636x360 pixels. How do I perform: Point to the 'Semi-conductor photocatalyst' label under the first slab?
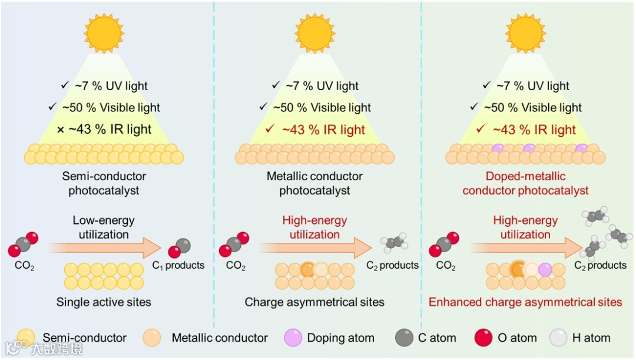coord(104,183)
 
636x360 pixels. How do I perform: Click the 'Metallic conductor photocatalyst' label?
coord(314,183)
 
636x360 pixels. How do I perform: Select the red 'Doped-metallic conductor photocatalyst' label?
coord(525,183)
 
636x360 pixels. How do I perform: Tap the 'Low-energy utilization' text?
coord(104,227)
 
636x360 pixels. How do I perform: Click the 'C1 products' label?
coord(185,266)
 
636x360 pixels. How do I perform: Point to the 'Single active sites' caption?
coord(104,302)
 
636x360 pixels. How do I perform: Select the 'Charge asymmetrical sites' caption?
coord(314,302)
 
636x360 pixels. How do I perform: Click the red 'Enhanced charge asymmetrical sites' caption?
coord(525,302)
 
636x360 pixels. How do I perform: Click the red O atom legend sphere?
coord(483,338)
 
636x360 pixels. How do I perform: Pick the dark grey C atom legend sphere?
coord(405,338)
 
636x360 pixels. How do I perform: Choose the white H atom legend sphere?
coord(558,338)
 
